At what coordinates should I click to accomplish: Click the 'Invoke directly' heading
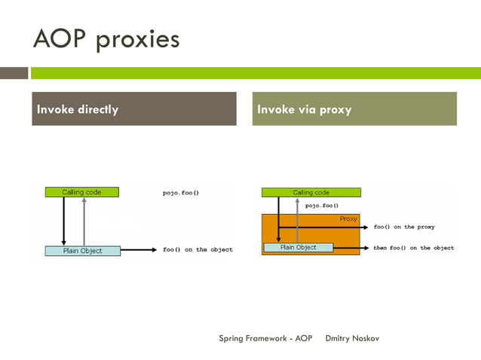point(78,110)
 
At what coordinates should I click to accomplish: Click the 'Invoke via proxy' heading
point(305,110)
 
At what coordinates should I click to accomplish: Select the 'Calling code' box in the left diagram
point(81,192)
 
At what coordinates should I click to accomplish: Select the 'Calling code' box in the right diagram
point(311,193)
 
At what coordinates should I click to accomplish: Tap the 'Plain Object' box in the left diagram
point(82,250)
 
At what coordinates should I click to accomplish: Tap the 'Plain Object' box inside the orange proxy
point(299,247)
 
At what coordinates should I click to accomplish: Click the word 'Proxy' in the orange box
point(348,218)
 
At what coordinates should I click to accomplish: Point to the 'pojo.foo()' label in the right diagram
point(322,205)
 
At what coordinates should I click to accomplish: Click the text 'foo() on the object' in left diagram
point(198,249)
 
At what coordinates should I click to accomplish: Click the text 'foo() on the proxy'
point(403,227)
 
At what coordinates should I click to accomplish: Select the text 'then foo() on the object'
point(413,248)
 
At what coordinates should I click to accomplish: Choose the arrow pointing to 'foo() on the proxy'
point(324,227)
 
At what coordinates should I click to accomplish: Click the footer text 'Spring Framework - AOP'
point(265,338)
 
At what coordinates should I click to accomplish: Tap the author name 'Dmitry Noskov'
point(352,338)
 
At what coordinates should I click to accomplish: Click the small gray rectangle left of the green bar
point(14,73)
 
